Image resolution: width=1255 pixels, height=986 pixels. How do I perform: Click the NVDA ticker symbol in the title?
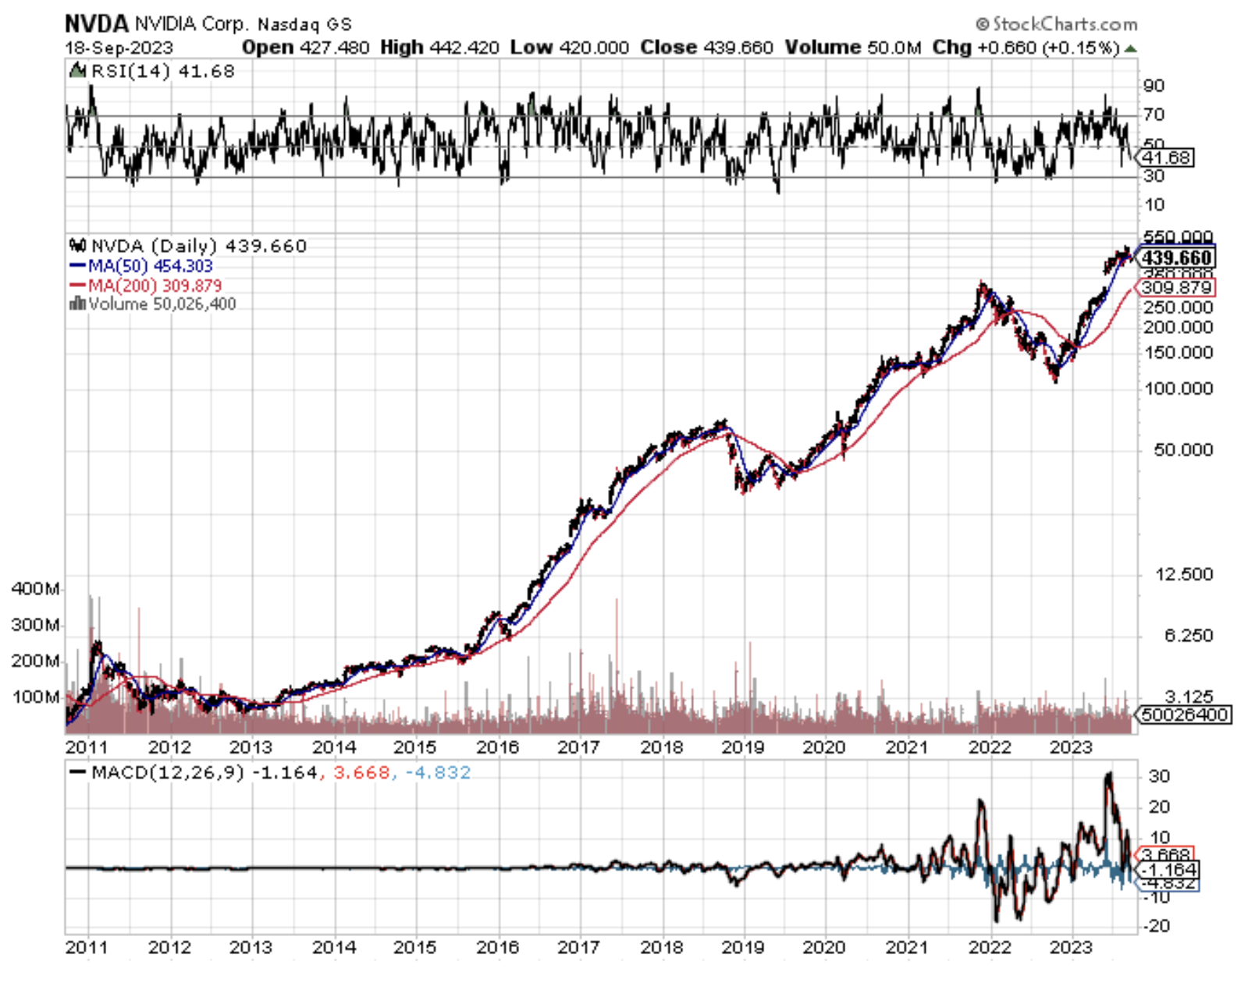[x=96, y=23]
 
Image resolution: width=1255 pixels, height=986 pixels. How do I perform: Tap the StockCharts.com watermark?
[x=1057, y=24]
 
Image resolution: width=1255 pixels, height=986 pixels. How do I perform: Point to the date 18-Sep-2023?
[x=119, y=48]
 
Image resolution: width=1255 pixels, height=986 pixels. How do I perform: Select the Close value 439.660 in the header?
[x=738, y=48]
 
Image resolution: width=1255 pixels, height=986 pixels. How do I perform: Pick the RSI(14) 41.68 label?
[x=162, y=72]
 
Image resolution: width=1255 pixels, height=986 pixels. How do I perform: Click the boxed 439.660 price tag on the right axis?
[x=1176, y=257]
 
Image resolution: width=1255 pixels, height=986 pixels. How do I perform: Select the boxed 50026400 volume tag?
[x=1184, y=715]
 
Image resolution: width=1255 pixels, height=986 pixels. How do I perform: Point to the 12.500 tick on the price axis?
[x=1184, y=575]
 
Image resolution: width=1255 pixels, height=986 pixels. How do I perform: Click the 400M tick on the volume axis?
[x=36, y=589]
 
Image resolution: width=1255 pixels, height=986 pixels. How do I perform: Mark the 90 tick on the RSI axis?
[x=1154, y=86]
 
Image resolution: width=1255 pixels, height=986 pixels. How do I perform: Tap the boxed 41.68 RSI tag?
[x=1166, y=158]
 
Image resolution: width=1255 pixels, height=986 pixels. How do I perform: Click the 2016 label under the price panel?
[x=497, y=747]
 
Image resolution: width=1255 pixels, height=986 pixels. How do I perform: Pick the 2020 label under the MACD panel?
[x=824, y=948]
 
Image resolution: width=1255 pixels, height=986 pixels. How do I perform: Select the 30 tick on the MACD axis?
[x=1159, y=777]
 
